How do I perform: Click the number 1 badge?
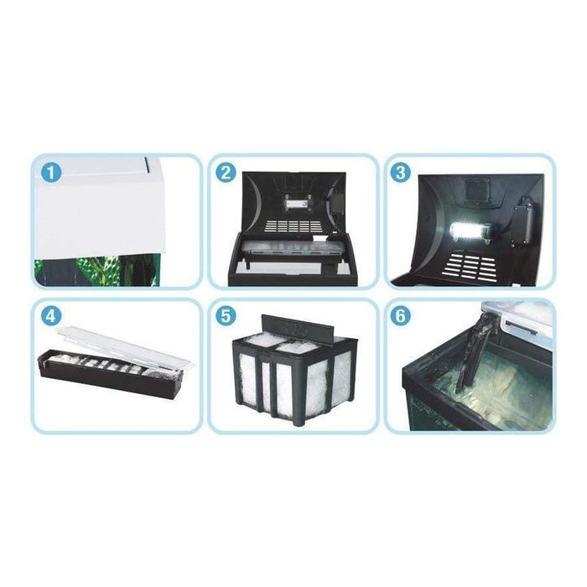click(51, 173)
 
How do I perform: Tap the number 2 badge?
click(226, 173)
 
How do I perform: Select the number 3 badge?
click(401, 173)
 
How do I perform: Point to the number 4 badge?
click(51, 316)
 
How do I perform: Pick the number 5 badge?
click(226, 316)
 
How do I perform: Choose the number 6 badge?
click(401, 316)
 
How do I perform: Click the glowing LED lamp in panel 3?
click(470, 232)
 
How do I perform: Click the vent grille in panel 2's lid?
click(293, 226)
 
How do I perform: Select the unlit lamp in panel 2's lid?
click(295, 203)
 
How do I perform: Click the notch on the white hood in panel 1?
click(147, 164)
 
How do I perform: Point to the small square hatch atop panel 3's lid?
click(475, 192)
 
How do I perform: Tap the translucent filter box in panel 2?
click(289, 251)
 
